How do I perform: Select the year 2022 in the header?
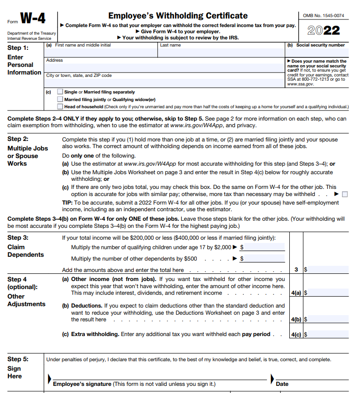(x=324, y=31)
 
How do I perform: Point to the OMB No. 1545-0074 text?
(x=324, y=16)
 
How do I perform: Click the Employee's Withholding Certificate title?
(x=178, y=16)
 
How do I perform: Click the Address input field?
(x=164, y=66)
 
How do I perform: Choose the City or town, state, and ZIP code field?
(x=164, y=82)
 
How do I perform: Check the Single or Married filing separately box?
(x=60, y=92)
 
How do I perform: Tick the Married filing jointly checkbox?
(x=60, y=99)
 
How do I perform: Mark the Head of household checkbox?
(x=60, y=107)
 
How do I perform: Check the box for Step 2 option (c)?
(x=345, y=194)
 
